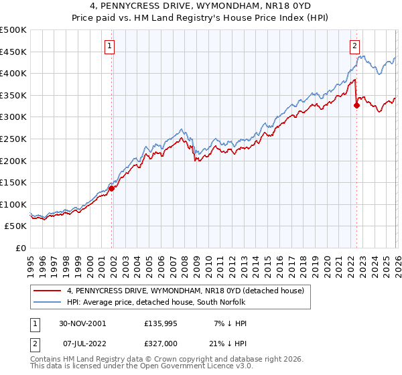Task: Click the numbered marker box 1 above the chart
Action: click(109, 46)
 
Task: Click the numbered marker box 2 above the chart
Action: click(354, 46)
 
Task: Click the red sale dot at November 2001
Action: click(112, 188)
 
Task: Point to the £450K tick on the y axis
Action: click(13, 52)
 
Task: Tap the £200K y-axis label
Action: click(13, 161)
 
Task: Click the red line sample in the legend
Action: click(48, 291)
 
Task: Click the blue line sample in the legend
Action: click(48, 303)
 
